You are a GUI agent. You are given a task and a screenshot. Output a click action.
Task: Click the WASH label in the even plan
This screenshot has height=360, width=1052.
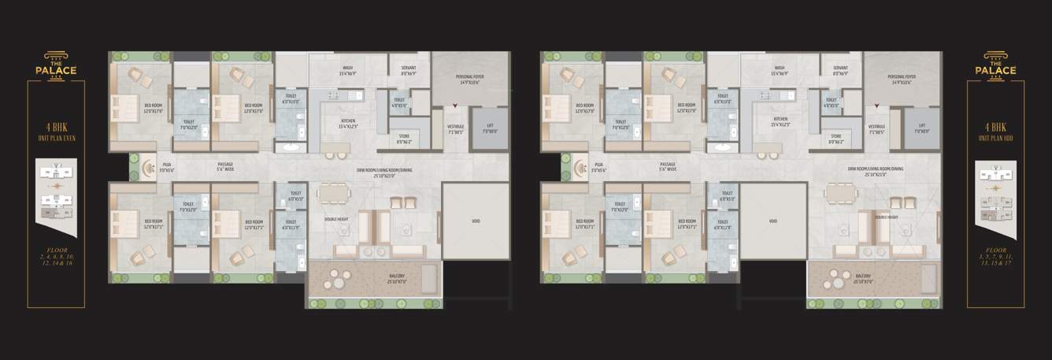[x=347, y=69]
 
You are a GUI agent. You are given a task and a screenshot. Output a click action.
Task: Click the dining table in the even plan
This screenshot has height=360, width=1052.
[x=332, y=194]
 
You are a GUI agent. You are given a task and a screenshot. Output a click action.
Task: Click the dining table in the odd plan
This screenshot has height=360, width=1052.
[x=842, y=194]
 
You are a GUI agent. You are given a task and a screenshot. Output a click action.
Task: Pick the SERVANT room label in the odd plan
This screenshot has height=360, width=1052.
[x=840, y=69]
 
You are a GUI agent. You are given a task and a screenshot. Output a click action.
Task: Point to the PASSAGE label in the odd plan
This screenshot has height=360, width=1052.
[x=670, y=165]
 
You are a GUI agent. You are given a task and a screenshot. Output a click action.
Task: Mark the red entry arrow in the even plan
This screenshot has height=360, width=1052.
[x=455, y=104]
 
